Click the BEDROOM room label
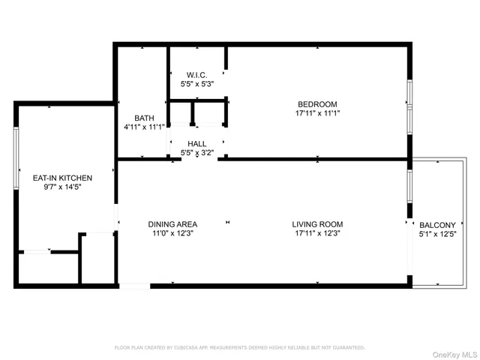click(317, 104)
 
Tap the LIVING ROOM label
click(317, 224)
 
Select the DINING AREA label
click(172, 224)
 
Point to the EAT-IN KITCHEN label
click(62, 178)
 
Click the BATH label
click(144, 118)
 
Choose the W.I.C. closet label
click(197, 75)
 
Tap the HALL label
click(197, 144)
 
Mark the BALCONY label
click(437, 225)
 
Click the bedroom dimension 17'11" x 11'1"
click(317, 113)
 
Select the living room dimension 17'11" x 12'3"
click(317, 233)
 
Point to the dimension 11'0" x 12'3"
click(172, 233)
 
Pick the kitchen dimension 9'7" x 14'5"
click(62, 187)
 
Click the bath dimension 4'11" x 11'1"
click(144, 127)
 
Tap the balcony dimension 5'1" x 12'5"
click(437, 234)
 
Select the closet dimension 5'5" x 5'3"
click(197, 84)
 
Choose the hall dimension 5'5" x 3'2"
click(197, 153)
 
